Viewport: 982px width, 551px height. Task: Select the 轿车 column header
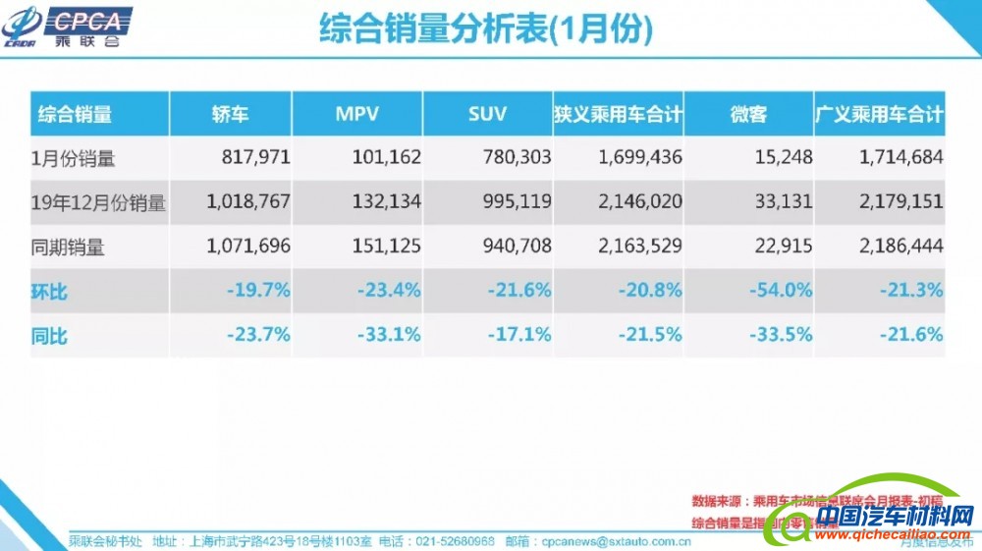point(230,114)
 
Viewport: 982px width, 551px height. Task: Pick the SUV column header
point(487,114)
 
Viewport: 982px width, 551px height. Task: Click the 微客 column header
point(748,114)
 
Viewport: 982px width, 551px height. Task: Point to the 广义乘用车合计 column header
point(880,114)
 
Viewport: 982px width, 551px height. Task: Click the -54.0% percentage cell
point(781,291)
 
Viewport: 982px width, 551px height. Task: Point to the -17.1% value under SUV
point(519,335)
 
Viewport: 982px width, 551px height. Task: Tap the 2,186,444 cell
point(901,247)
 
